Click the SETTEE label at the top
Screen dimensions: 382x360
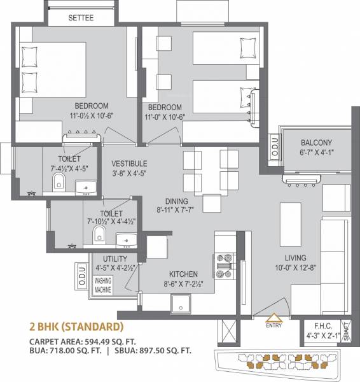81,18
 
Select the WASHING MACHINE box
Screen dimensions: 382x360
104,284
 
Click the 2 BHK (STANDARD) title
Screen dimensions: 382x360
76,328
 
